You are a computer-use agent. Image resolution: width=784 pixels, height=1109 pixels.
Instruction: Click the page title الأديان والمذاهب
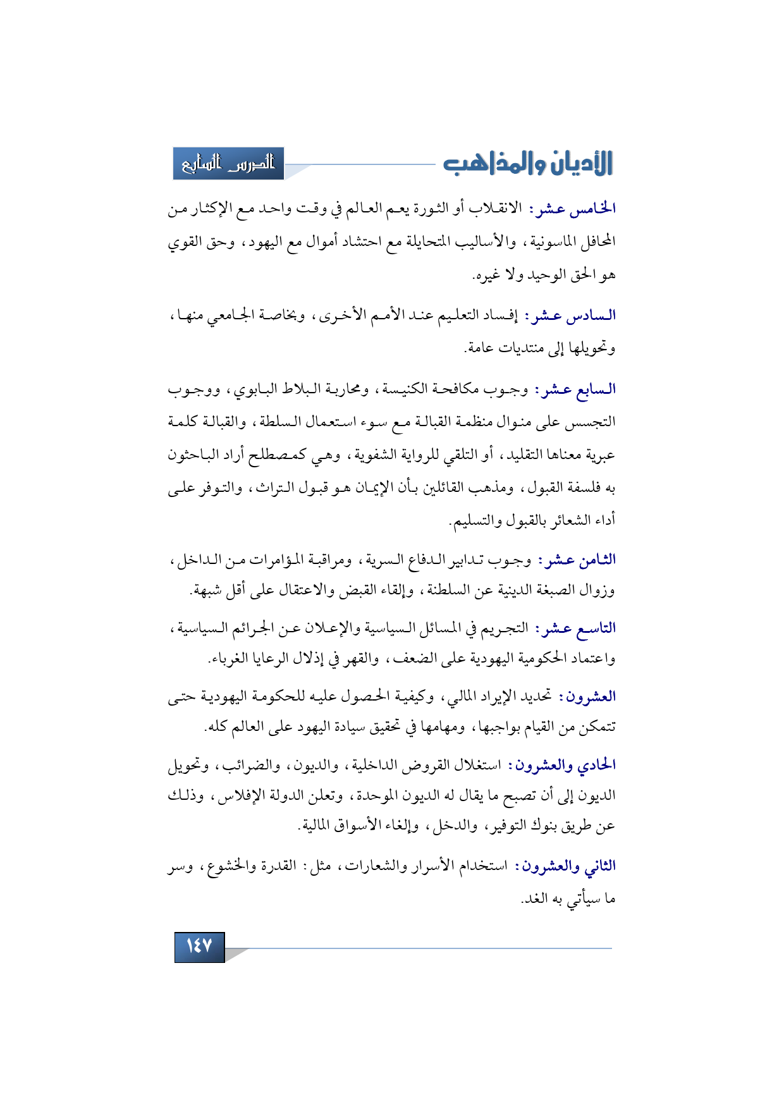click(528, 163)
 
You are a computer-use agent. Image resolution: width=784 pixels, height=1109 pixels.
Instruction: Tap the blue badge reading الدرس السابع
click(229, 164)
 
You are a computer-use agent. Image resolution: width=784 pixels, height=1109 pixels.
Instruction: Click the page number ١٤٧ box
click(199, 947)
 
